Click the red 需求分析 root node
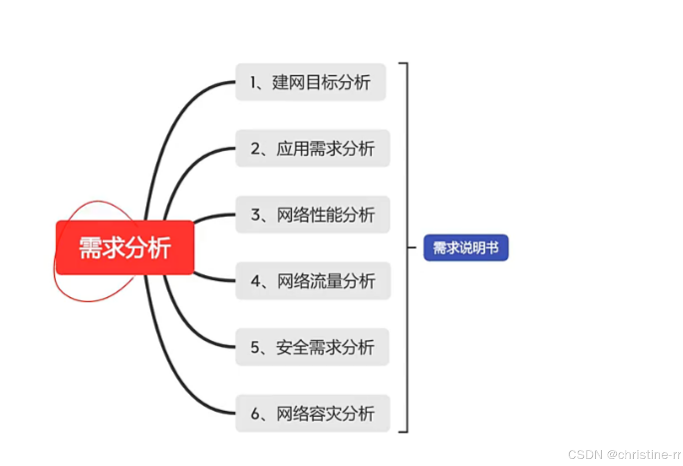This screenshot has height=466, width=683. (125, 247)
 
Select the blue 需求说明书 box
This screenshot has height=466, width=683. (466, 247)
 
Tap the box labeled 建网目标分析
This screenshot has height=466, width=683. (310, 82)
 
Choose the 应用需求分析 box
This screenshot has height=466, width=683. (312, 148)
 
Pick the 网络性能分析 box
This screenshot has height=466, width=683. (312, 215)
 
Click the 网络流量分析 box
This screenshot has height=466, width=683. (313, 281)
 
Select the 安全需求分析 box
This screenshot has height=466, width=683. (312, 347)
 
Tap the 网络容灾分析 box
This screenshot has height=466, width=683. (312, 413)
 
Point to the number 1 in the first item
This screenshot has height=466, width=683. (253, 82)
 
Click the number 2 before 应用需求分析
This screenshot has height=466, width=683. (256, 148)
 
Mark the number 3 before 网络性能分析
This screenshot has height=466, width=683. (256, 215)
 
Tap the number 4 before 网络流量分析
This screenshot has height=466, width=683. (256, 281)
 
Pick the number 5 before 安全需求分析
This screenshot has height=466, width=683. (256, 347)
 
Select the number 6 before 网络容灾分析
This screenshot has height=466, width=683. (256, 413)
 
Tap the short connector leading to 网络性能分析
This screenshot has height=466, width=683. (214, 216)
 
